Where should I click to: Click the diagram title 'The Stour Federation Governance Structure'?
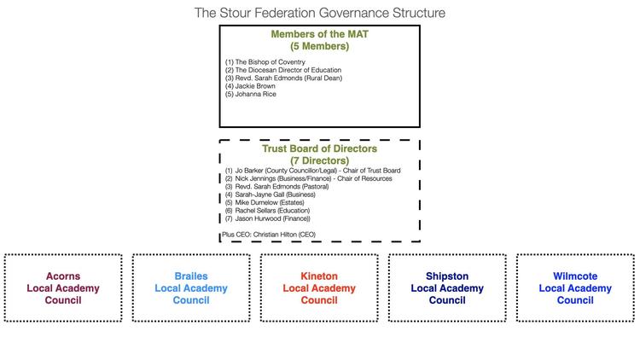click(x=320, y=13)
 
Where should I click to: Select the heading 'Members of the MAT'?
click(x=320, y=34)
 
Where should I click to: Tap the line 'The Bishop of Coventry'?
click(x=265, y=62)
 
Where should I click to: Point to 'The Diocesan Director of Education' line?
click(x=283, y=70)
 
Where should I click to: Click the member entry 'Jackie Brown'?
click(x=250, y=86)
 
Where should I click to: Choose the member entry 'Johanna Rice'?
click(x=251, y=94)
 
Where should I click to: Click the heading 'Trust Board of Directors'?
click(x=320, y=148)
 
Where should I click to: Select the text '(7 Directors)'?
click(x=320, y=160)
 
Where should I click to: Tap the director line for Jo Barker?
click(x=312, y=171)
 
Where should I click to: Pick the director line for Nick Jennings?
click(x=309, y=178)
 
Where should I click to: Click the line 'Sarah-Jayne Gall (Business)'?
click(x=271, y=195)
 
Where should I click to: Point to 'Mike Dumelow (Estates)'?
click(x=265, y=202)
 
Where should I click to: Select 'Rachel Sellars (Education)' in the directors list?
click(x=267, y=211)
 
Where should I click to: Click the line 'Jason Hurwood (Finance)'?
click(x=268, y=218)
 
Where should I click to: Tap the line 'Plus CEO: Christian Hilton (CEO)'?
click(x=269, y=235)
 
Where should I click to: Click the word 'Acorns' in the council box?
click(x=63, y=276)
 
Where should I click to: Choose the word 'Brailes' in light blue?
click(x=191, y=276)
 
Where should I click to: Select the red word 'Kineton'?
click(x=319, y=276)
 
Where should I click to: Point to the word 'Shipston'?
click(x=447, y=276)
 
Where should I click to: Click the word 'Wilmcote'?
click(x=575, y=276)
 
